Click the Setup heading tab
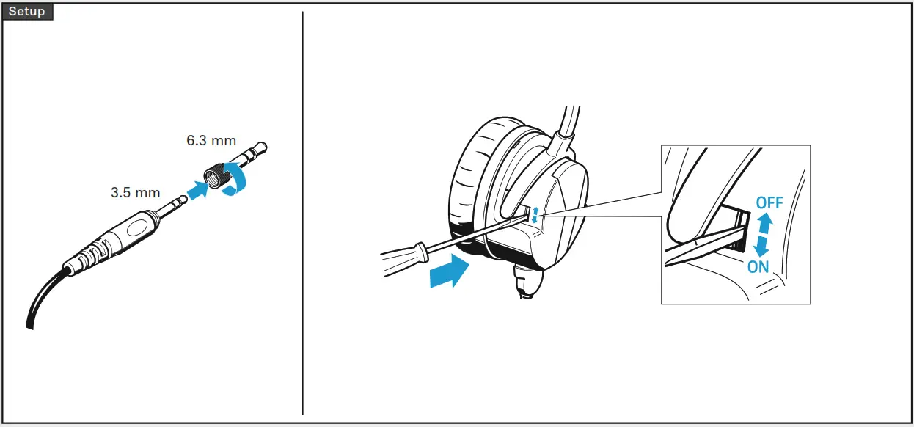[27, 12]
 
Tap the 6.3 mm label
[211, 140]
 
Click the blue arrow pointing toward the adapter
[196, 191]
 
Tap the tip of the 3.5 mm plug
[181, 200]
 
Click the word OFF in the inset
[769, 202]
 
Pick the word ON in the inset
[758, 267]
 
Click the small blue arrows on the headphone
[535, 215]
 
